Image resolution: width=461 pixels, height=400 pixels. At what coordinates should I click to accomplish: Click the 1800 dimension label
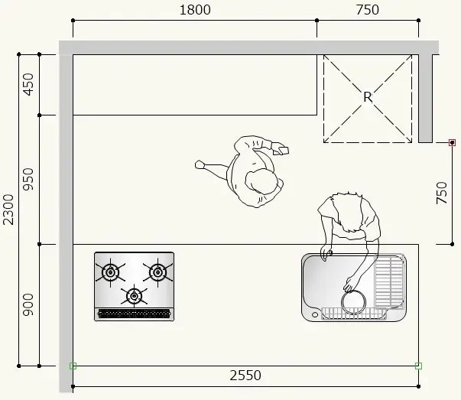195,10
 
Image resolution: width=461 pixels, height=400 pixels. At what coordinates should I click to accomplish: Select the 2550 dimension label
245,376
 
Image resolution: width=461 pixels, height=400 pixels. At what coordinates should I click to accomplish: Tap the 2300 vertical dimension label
8,210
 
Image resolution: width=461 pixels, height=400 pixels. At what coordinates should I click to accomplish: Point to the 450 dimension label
28,84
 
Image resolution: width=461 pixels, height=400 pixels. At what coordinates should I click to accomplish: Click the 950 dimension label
28,179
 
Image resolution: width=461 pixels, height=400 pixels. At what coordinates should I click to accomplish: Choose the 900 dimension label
28,304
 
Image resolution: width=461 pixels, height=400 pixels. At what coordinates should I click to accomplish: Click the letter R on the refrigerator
368,97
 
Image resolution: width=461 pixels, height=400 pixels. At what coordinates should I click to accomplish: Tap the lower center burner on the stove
134,296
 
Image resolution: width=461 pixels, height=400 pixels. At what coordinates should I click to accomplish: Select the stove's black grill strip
134,314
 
